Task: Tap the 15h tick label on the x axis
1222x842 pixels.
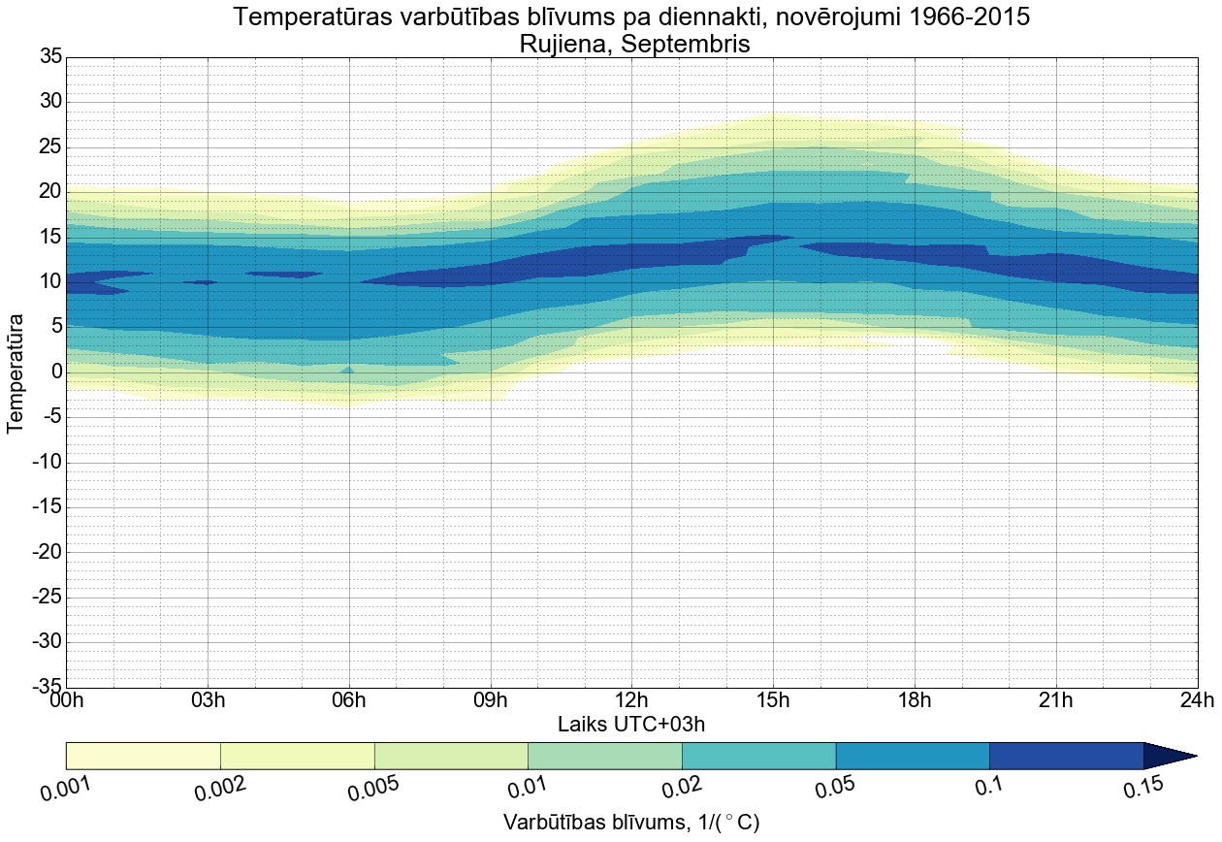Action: (773, 700)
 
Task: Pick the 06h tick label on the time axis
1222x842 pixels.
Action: (349, 700)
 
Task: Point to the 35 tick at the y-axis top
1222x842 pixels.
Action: (50, 57)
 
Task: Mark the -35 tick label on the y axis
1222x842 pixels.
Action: (46, 687)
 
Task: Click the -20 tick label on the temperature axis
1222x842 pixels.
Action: (46, 552)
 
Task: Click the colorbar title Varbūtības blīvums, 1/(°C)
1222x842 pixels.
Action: (630, 823)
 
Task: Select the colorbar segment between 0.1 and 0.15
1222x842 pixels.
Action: (1067, 756)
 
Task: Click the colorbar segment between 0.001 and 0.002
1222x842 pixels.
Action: (144, 756)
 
